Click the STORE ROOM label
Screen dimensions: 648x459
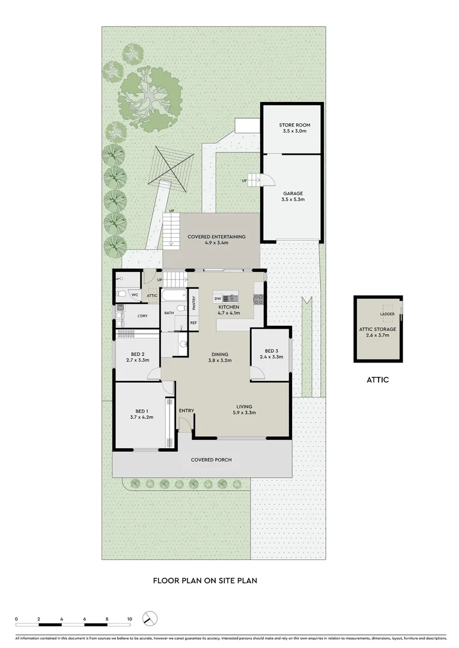[x=294, y=125]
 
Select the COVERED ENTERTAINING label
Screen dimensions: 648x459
[x=216, y=237]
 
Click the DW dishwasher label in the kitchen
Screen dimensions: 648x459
[x=217, y=298]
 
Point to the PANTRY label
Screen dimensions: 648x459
[x=193, y=302]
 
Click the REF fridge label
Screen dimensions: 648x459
[x=193, y=323]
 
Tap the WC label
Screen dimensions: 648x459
[x=135, y=295]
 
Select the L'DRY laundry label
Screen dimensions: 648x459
[x=142, y=316]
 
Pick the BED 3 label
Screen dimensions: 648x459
[x=272, y=350]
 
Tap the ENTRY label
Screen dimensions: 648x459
[x=186, y=410]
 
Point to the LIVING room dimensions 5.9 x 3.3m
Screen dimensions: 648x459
[x=244, y=413]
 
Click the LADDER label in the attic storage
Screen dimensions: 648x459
[x=388, y=313]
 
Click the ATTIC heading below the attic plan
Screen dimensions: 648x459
[x=377, y=380]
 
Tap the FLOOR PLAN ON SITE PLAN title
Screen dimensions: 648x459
[x=205, y=581]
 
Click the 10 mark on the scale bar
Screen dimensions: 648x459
[x=129, y=618]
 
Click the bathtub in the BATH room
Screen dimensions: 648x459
[x=174, y=295]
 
